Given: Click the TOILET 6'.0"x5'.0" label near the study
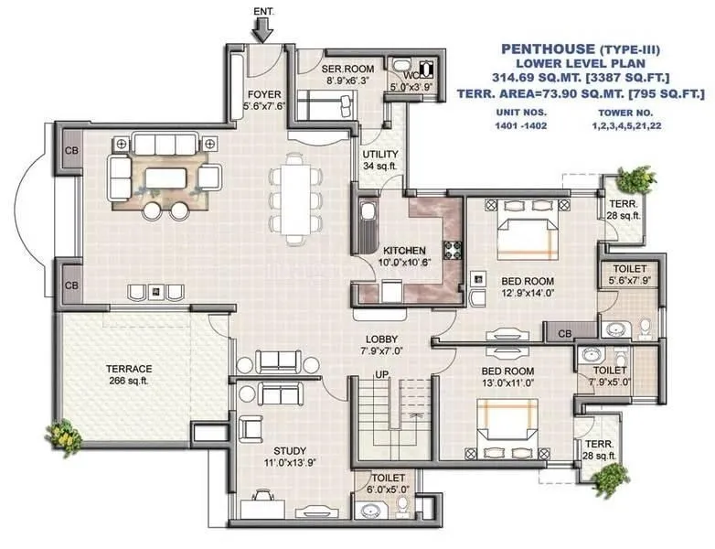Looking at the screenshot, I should point(382,483).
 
